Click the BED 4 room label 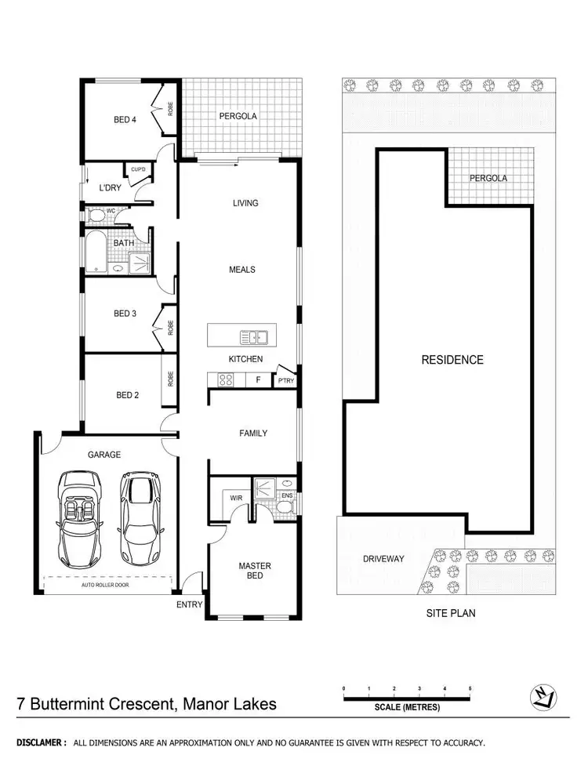tap(125, 120)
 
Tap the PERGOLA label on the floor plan tap(238, 116)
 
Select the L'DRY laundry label tap(110, 188)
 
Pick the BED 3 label tap(125, 314)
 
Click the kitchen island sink tap(253, 338)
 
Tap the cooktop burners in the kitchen tap(225, 380)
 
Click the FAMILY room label tap(253, 434)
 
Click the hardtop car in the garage tap(138, 517)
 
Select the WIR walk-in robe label tap(235, 498)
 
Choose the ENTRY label tap(189, 604)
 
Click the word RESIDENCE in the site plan tap(452, 360)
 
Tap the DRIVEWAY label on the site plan tap(383, 559)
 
